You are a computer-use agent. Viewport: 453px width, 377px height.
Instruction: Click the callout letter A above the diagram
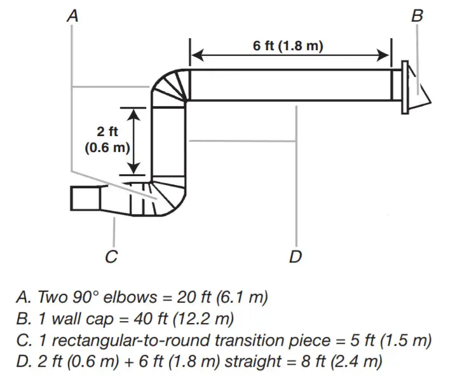[73, 16]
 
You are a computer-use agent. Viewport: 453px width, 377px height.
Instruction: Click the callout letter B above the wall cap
[417, 16]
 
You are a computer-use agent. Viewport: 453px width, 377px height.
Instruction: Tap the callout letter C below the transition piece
[111, 256]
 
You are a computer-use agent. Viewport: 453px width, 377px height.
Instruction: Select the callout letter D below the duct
[295, 256]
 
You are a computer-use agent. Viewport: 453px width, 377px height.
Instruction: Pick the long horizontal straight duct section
[289, 85]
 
